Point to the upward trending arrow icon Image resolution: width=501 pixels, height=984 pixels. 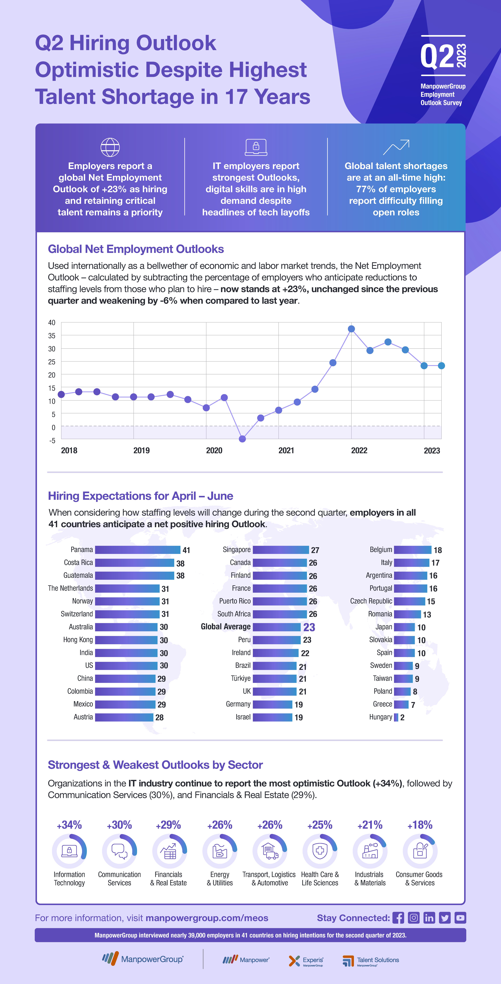pyautogui.click(x=396, y=147)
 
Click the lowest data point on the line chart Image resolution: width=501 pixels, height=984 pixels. pyautogui.click(x=242, y=439)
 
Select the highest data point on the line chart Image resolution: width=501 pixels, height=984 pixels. pyautogui.click(x=351, y=329)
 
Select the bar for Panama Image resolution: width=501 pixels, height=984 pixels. pyautogui.click(x=137, y=550)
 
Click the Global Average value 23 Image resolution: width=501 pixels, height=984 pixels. pyautogui.click(x=309, y=627)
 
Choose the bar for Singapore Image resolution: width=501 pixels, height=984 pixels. pyautogui.click(x=281, y=550)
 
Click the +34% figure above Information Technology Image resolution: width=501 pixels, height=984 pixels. pyautogui.click(x=69, y=825)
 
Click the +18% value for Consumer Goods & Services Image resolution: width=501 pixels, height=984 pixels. pyautogui.click(x=420, y=825)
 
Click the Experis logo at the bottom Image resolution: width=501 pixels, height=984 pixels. pyautogui.click(x=306, y=961)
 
